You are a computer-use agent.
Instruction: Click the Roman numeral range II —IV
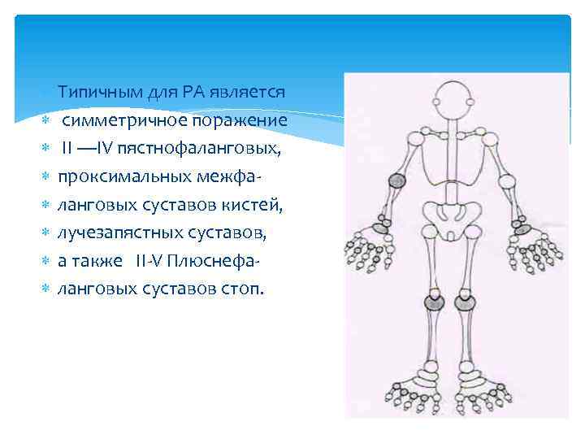pyautogui.click(x=90, y=149)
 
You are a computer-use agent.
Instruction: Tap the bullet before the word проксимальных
pyautogui.click(x=46, y=178)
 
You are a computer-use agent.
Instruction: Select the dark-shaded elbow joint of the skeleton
pyautogui.click(x=397, y=180)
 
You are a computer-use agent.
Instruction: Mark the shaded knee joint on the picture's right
pyautogui.click(x=465, y=303)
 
